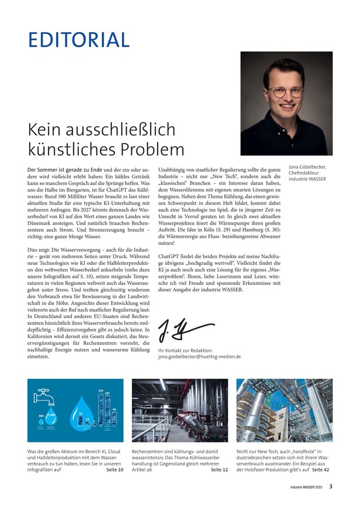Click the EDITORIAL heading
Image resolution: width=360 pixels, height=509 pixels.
pyautogui.click(x=79, y=39)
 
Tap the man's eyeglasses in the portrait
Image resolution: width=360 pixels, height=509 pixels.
pyautogui.click(x=285, y=92)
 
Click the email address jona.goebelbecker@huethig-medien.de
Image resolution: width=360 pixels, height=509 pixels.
pyautogui.click(x=200, y=355)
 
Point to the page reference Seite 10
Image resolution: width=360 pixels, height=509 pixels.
pyautogui.click(x=115, y=469)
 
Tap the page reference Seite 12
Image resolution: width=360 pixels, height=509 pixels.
pyautogui.click(x=219, y=469)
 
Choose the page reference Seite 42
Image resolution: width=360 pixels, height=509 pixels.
pyautogui.click(x=320, y=469)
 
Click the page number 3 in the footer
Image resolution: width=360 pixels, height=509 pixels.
pyautogui.click(x=331, y=486)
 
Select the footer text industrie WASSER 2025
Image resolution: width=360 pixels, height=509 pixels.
pyautogui.click(x=307, y=486)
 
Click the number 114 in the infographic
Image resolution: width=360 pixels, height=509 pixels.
pyautogui.click(x=100, y=390)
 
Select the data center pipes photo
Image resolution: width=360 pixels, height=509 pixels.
pyautogui.click(x=180, y=410)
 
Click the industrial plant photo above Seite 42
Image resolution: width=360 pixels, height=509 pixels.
pyautogui.click(x=284, y=410)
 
